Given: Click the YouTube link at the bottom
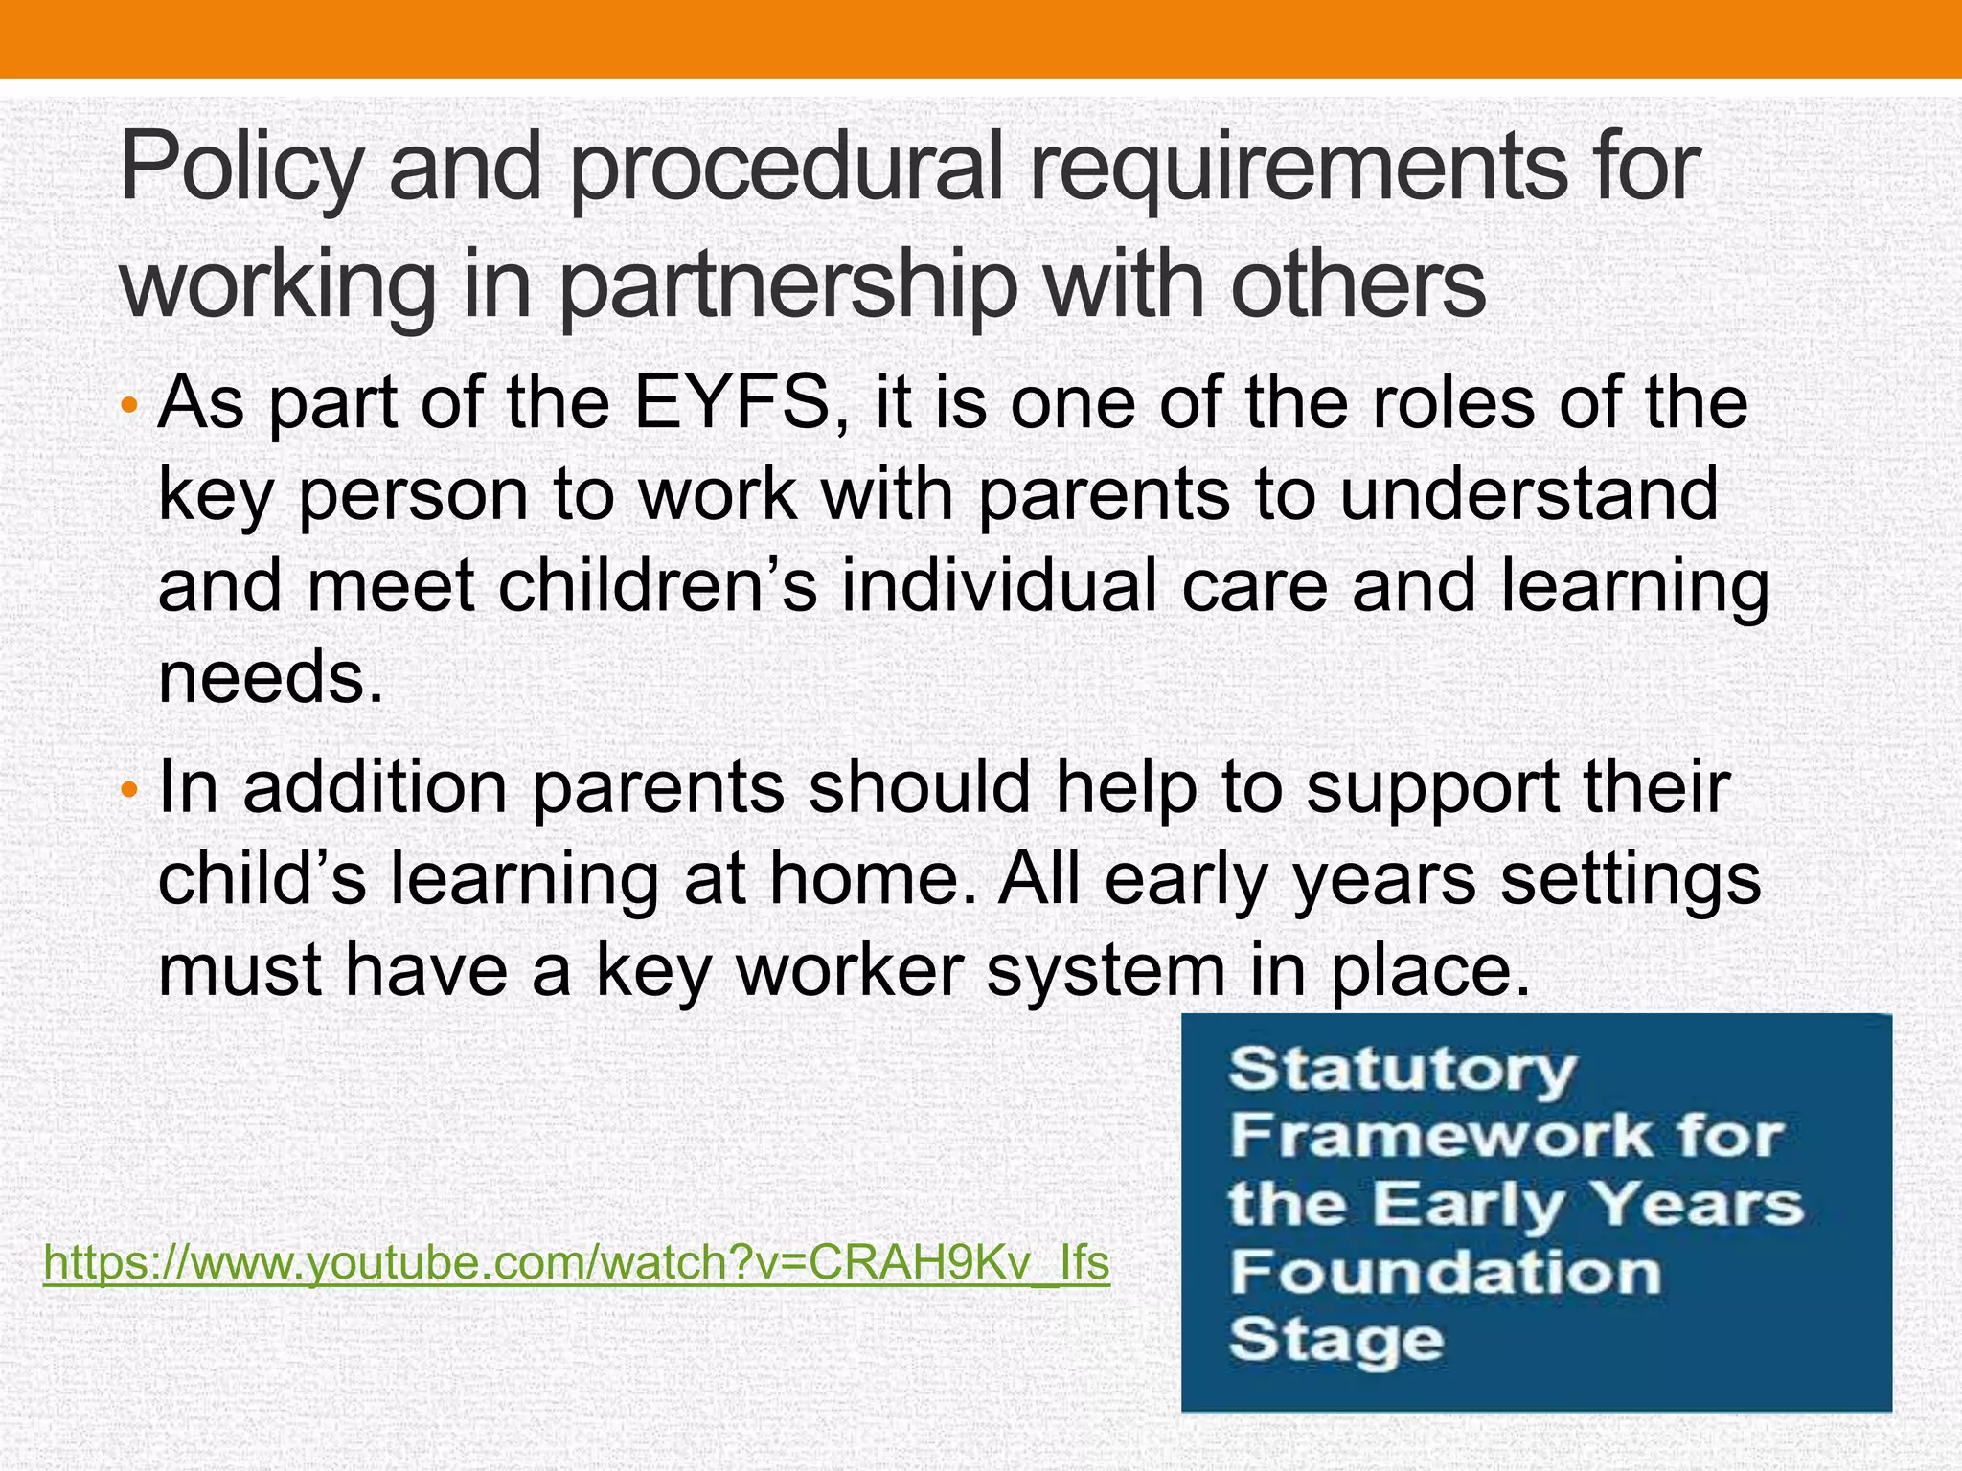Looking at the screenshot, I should pyautogui.click(x=577, y=1263).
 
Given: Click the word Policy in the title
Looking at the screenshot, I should pyautogui.click(x=240, y=170).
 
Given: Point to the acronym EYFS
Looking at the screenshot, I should pyautogui.click(x=733, y=403).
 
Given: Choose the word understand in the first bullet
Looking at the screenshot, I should pyautogui.click(x=1529, y=495).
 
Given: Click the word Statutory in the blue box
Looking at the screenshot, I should pyautogui.click(x=1402, y=1069).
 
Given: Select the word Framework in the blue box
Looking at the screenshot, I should pyautogui.click(x=1436, y=1137).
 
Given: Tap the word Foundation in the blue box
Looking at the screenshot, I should pyautogui.click(x=1445, y=1273).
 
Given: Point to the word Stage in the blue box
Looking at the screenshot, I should pyautogui.click(x=1335, y=1340).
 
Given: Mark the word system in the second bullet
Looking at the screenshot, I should pyautogui.click(x=1106, y=970).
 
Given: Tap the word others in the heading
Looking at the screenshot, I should pyautogui.click(x=1357, y=285).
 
